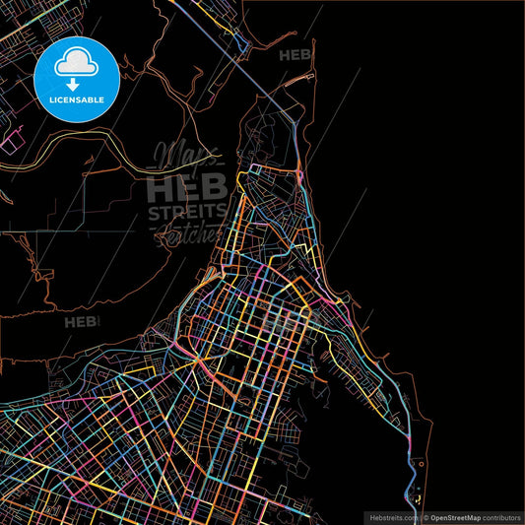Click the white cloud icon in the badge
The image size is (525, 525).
(x=77, y=61)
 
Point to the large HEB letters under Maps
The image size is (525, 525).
(x=187, y=186)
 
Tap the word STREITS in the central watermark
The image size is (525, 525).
(x=187, y=212)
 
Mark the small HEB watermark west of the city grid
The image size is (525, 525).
(x=80, y=321)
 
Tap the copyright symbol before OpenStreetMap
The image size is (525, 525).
(x=426, y=517)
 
